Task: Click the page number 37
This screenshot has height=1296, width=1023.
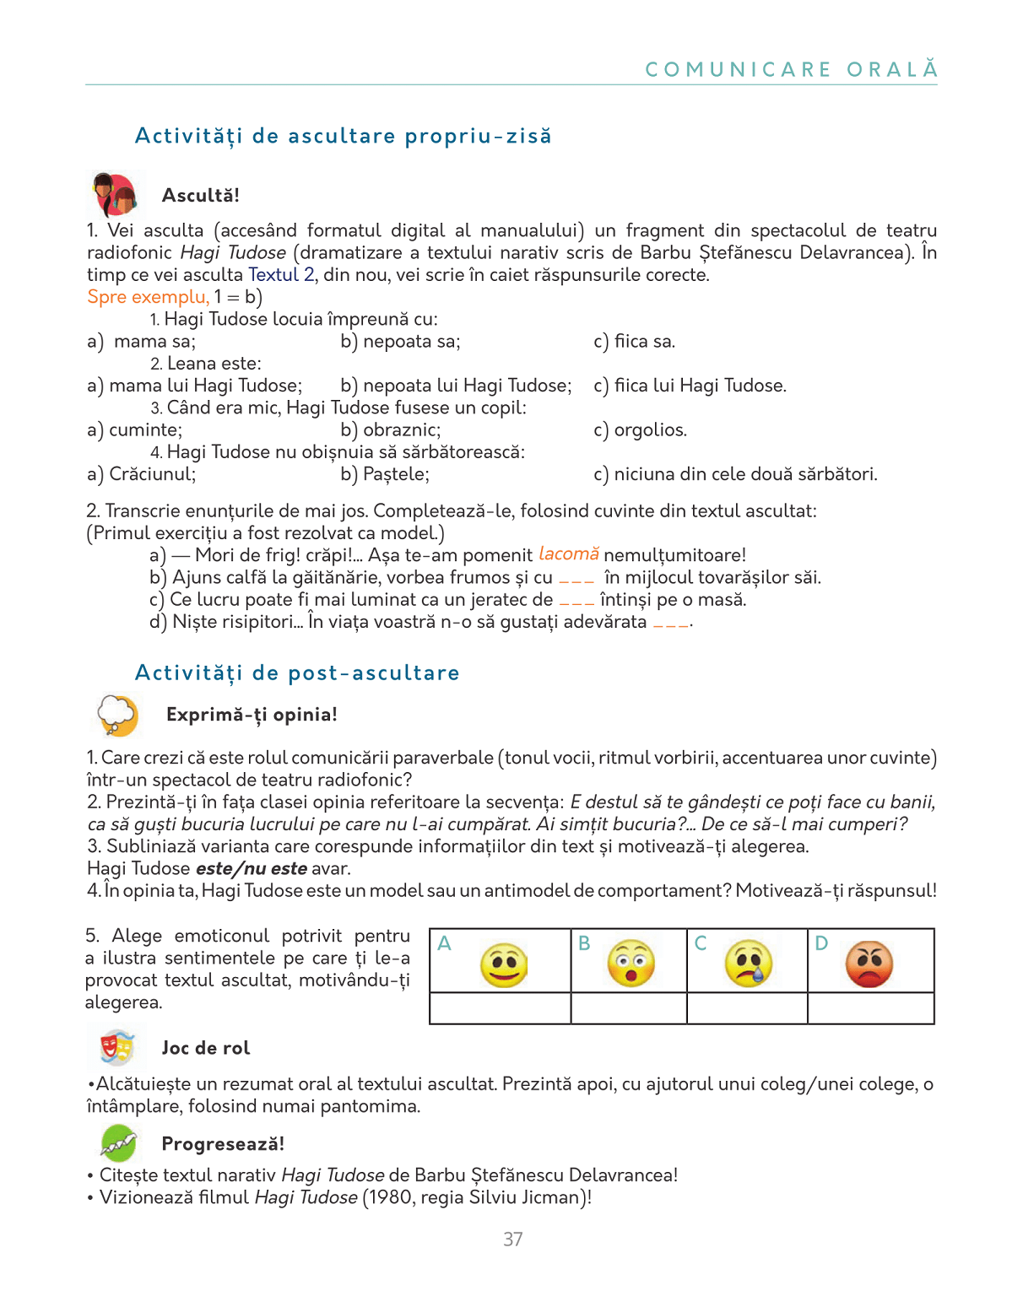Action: coord(512,1239)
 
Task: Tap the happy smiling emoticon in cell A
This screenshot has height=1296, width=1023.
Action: coord(504,964)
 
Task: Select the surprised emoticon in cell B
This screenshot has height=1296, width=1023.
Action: coord(631,963)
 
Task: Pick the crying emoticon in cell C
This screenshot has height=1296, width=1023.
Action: coord(748,963)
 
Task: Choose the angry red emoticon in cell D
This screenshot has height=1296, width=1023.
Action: coord(869,964)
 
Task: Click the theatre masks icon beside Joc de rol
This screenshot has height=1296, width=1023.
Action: coord(117,1047)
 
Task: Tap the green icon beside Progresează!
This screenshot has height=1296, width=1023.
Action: coord(119,1143)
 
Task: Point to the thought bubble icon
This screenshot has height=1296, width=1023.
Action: coord(117,715)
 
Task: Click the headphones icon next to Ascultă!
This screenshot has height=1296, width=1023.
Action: coord(115,195)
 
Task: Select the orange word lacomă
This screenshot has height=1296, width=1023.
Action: coord(568,554)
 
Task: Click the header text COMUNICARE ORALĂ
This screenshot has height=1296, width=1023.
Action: coord(791,69)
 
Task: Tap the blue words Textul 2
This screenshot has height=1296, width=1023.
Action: coord(281,275)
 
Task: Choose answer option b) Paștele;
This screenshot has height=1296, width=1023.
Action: coord(385,474)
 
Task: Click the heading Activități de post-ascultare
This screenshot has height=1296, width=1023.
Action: coord(297,672)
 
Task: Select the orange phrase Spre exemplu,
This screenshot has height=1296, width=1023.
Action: coord(149,297)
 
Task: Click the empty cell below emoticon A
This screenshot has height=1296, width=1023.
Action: coord(501,1008)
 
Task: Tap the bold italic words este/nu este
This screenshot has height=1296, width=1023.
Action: coord(252,869)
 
